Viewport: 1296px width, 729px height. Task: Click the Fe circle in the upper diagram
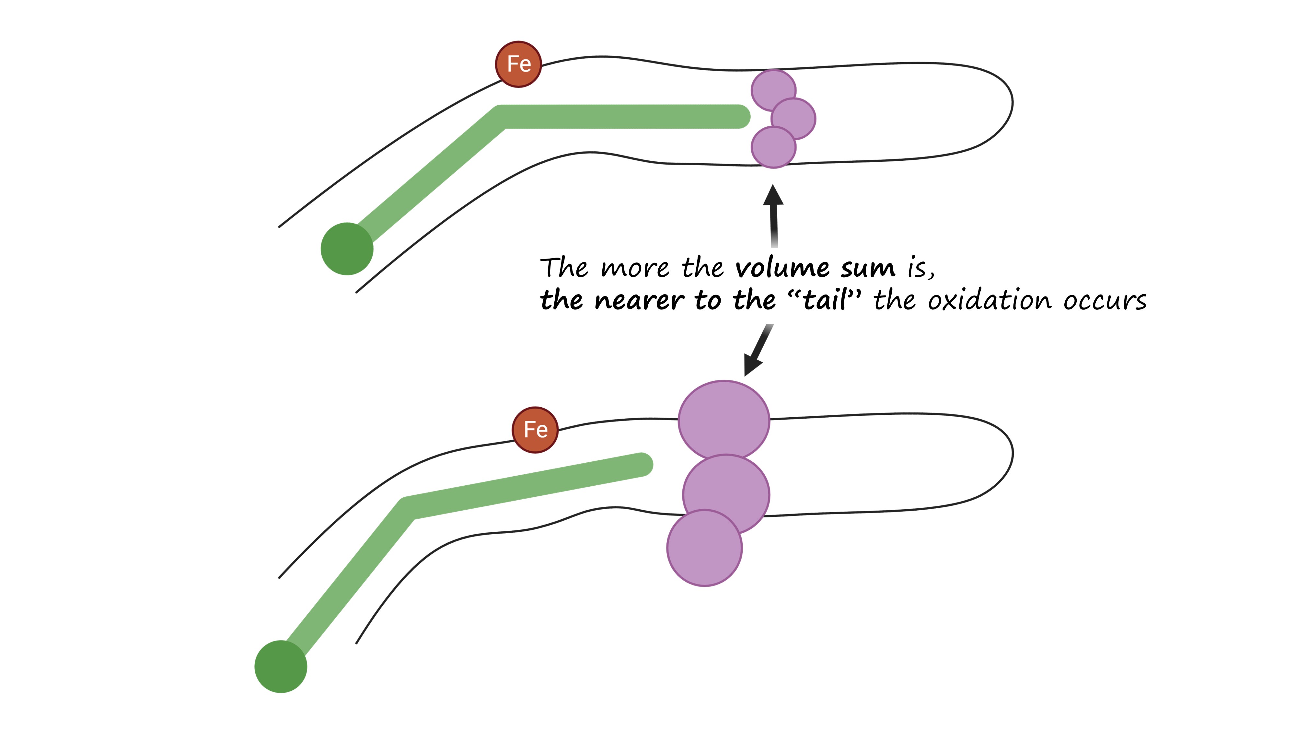518,64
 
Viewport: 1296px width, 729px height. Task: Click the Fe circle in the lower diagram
535,430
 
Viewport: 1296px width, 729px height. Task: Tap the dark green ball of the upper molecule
347,249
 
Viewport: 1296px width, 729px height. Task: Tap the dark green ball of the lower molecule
281,666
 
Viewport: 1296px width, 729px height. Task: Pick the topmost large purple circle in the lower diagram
723,419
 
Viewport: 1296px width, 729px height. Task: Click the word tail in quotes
825,300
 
